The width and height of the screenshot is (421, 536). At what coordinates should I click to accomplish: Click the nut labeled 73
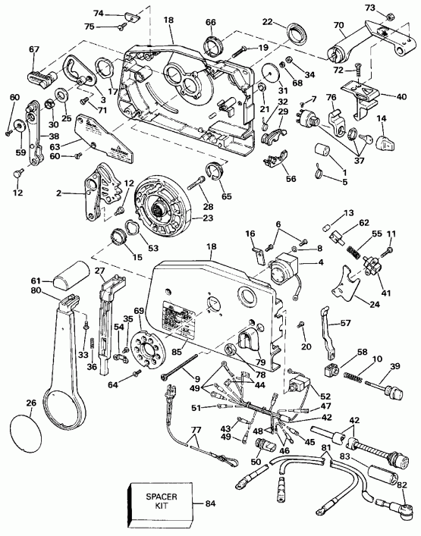(x=391, y=15)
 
